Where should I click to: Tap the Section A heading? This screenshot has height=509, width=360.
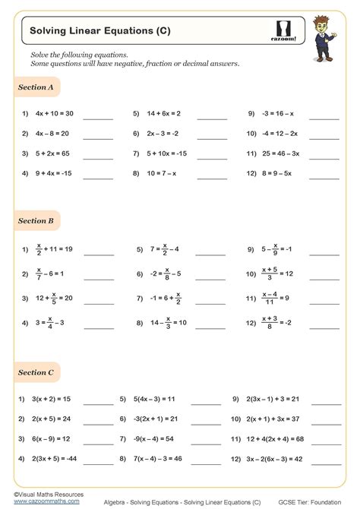pos(36,87)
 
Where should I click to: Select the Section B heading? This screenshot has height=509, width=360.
pos(36,221)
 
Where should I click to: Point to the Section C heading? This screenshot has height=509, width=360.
pos(36,372)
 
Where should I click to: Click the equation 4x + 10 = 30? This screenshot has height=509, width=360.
pos(51,114)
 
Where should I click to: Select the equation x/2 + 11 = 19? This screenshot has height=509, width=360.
pos(52,248)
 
